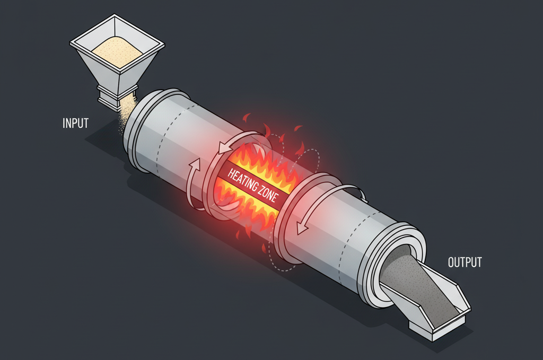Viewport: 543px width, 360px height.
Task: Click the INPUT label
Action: pos(75,123)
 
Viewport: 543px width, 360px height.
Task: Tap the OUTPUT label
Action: pos(465,262)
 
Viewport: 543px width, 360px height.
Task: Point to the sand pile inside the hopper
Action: pos(117,51)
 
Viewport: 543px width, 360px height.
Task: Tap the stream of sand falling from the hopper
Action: pos(127,111)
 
